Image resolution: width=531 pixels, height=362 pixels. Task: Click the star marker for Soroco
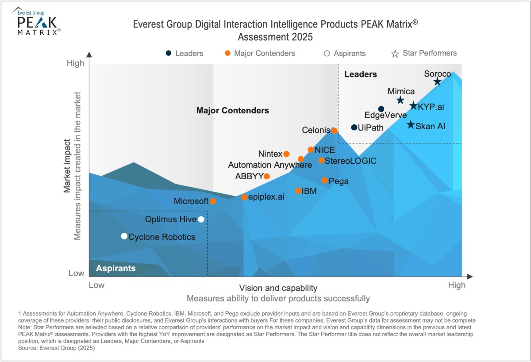[x=437, y=81]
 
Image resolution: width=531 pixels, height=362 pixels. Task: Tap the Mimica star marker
[x=400, y=100]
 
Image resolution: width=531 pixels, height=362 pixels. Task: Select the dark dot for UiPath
[x=354, y=127]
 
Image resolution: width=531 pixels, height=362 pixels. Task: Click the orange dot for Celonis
[x=335, y=131]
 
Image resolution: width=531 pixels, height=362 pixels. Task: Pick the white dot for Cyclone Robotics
[x=124, y=236]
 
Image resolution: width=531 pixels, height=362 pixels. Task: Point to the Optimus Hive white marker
[x=201, y=219]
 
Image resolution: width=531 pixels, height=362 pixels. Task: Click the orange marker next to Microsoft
[x=213, y=201]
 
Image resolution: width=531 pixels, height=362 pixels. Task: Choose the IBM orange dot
[x=298, y=191]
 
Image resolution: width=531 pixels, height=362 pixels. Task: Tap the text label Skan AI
[x=431, y=126]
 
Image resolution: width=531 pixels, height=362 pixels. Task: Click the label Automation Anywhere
[x=270, y=165]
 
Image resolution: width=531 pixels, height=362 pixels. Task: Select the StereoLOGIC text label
[x=350, y=161]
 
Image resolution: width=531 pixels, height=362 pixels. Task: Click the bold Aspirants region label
[x=116, y=268]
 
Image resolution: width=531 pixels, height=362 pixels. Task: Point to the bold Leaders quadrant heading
[x=360, y=74]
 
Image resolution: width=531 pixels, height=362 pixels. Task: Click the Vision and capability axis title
[x=278, y=288]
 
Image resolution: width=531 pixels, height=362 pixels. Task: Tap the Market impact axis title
[x=67, y=167]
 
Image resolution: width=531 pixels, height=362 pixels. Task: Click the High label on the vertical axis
[x=75, y=63]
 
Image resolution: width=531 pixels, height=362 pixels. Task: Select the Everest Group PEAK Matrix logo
[x=38, y=21]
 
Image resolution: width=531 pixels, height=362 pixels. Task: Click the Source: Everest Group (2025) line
[x=57, y=348]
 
